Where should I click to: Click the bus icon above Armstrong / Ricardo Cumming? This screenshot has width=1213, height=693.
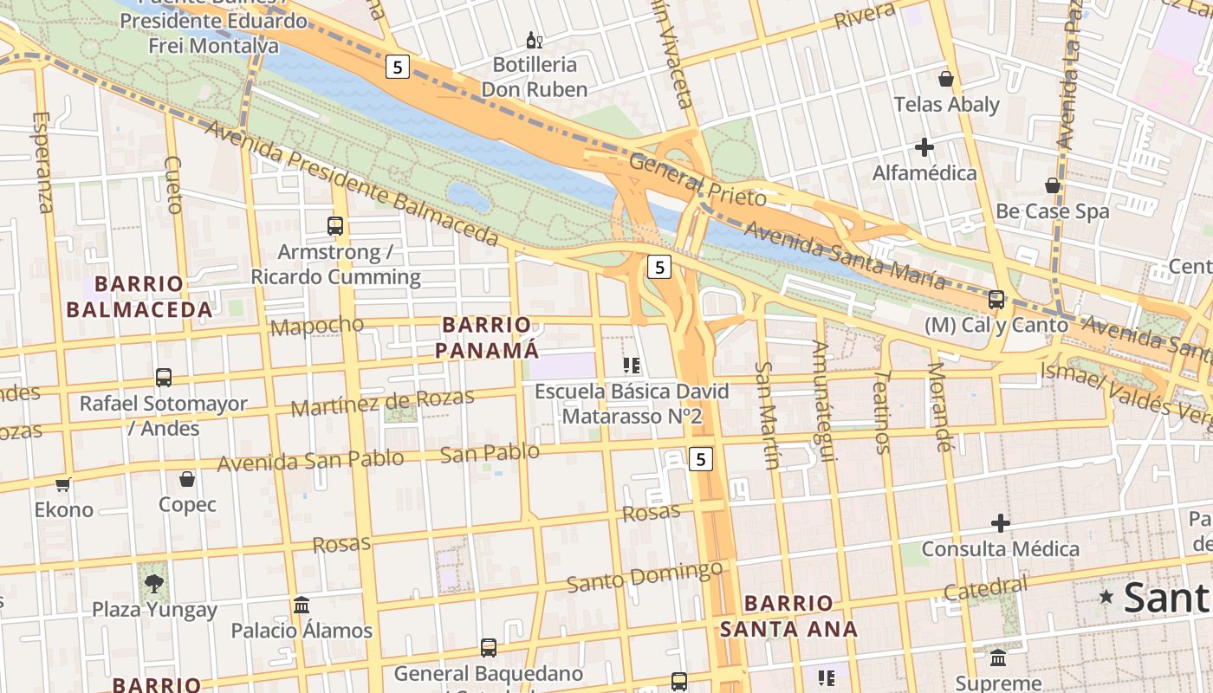point(335,226)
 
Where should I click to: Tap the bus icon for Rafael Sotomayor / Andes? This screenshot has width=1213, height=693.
point(164,378)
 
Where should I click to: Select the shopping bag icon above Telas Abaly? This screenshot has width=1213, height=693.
point(946,79)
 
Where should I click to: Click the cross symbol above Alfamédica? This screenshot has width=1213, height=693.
point(924,147)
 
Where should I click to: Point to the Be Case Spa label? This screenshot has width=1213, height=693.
point(1052,211)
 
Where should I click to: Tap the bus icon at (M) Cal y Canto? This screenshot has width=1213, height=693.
point(996,300)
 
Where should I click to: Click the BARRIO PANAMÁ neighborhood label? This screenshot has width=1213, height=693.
point(486,338)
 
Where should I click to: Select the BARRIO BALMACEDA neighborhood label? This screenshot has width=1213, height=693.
point(139,297)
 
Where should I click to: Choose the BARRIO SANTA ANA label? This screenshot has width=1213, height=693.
point(788,616)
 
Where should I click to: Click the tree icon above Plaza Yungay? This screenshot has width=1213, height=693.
point(154,583)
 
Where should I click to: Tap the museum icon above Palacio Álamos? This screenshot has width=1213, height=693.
point(302,605)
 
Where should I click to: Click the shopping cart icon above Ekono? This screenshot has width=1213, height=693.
point(62,485)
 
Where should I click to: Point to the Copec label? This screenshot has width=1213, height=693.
point(187,504)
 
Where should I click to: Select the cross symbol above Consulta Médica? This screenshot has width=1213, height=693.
point(1001,523)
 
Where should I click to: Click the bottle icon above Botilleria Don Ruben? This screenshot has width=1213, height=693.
point(535,40)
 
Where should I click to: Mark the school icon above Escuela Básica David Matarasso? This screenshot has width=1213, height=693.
point(632,366)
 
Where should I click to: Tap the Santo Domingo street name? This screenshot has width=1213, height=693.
point(645,575)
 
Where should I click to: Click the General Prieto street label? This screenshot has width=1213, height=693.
point(697,179)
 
